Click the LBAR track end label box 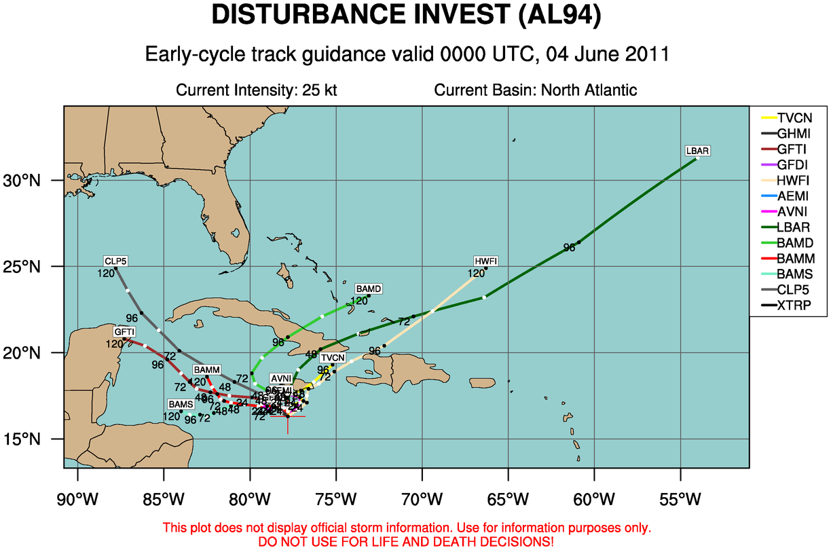click(x=698, y=151)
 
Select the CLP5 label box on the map click(x=115, y=261)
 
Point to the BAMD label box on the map click(x=368, y=289)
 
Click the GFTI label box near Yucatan click(x=125, y=331)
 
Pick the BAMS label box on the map click(x=181, y=404)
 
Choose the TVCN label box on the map click(x=333, y=358)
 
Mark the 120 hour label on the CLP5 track click(x=105, y=274)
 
